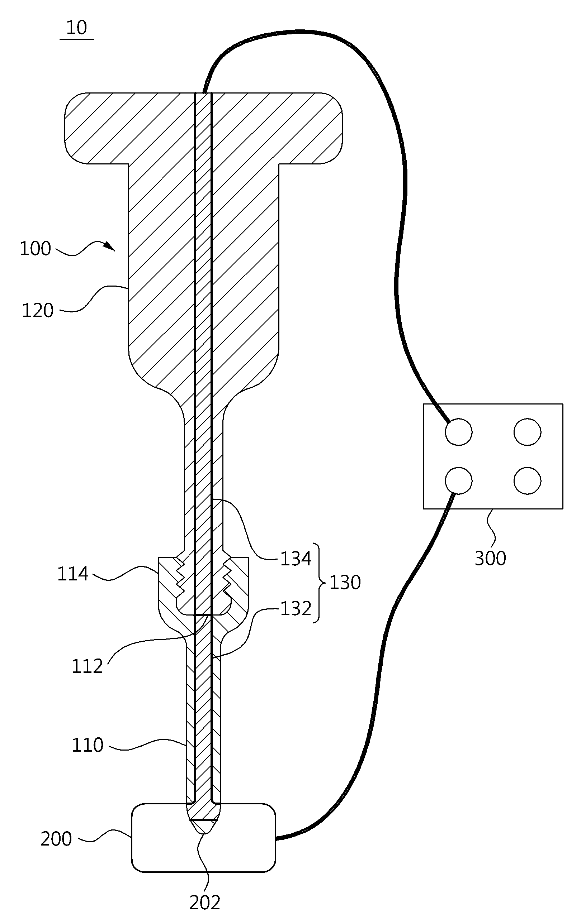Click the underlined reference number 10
77,28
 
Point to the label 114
73,574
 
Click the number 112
87,666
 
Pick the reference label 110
88,745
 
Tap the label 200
56,839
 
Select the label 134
296,559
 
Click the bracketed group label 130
345,583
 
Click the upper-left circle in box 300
458,432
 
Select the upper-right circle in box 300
528,432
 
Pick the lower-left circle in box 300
458,480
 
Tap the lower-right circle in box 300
528,480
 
